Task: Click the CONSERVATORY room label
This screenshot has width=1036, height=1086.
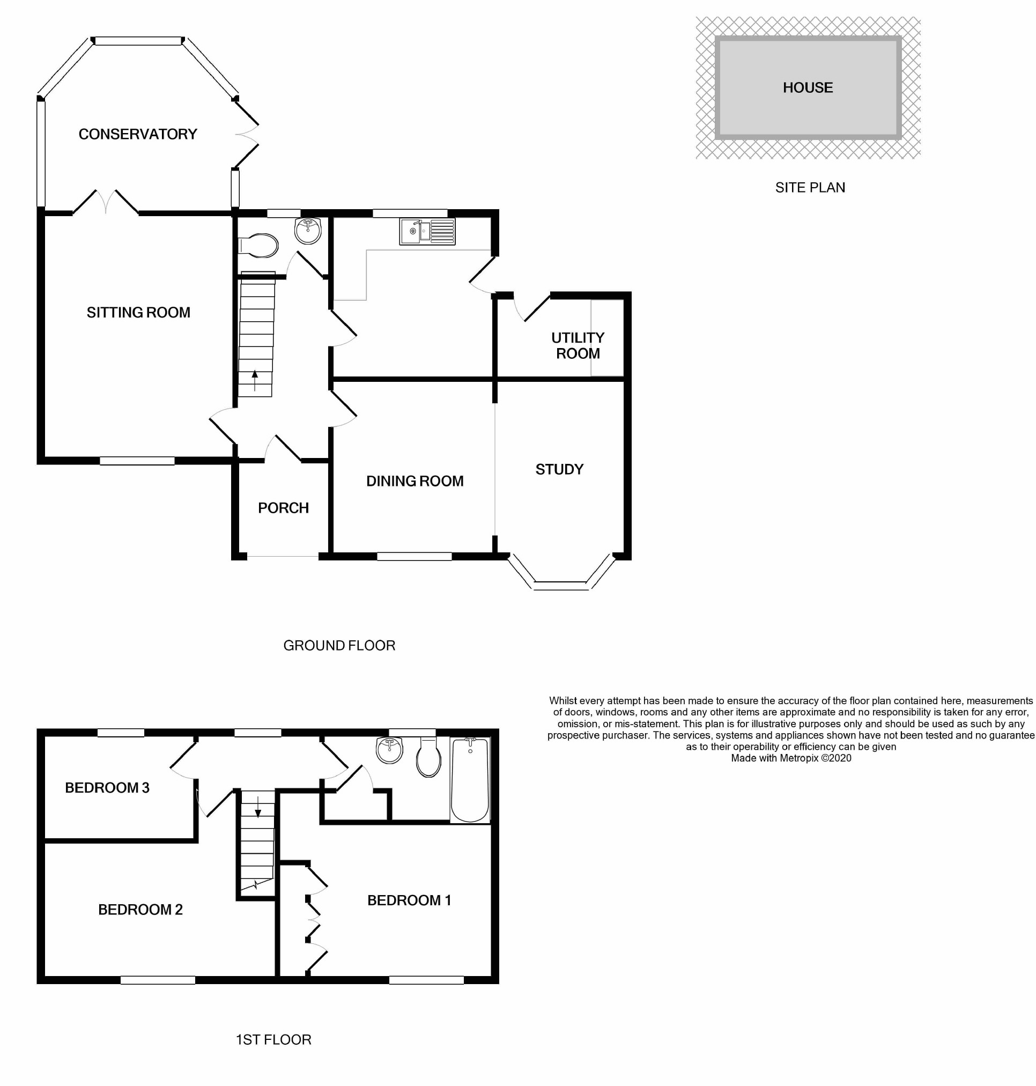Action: [137, 134]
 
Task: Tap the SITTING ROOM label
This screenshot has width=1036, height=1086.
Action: [138, 313]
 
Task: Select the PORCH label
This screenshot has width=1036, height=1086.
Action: [283, 508]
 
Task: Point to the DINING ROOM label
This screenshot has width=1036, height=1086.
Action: [415, 481]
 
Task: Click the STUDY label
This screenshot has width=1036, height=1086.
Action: [559, 470]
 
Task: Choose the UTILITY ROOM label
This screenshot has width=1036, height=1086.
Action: [578, 346]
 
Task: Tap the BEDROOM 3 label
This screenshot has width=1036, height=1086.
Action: [107, 788]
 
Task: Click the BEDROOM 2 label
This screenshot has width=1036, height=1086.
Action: [140, 910]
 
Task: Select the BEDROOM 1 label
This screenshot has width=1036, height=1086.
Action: [409, 900]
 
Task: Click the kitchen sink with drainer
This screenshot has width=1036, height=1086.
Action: [427, 232]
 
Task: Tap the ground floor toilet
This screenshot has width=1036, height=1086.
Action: [258, 246]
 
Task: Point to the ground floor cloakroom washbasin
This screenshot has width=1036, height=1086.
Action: [308, 231]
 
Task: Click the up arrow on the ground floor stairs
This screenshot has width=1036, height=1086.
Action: [255, 380]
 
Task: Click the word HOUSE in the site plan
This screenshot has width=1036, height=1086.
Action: [808, 88]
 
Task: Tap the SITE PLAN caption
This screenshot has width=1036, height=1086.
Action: [810, 188]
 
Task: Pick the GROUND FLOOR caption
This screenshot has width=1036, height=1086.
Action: [339, 646]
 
